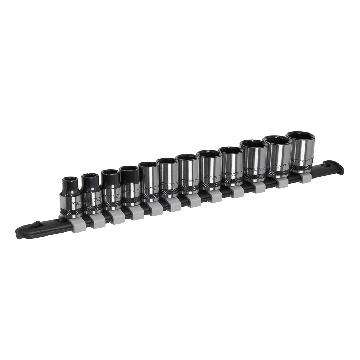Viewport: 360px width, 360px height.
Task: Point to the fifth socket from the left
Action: (x=149, y=180)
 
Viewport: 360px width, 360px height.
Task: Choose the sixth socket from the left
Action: (x=168, y=176)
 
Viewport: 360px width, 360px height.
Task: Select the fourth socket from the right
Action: (x=232, y=165)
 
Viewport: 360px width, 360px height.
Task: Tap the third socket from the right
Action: (x=255, y=160)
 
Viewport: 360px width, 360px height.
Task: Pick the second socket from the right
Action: (x=278, y=156)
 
